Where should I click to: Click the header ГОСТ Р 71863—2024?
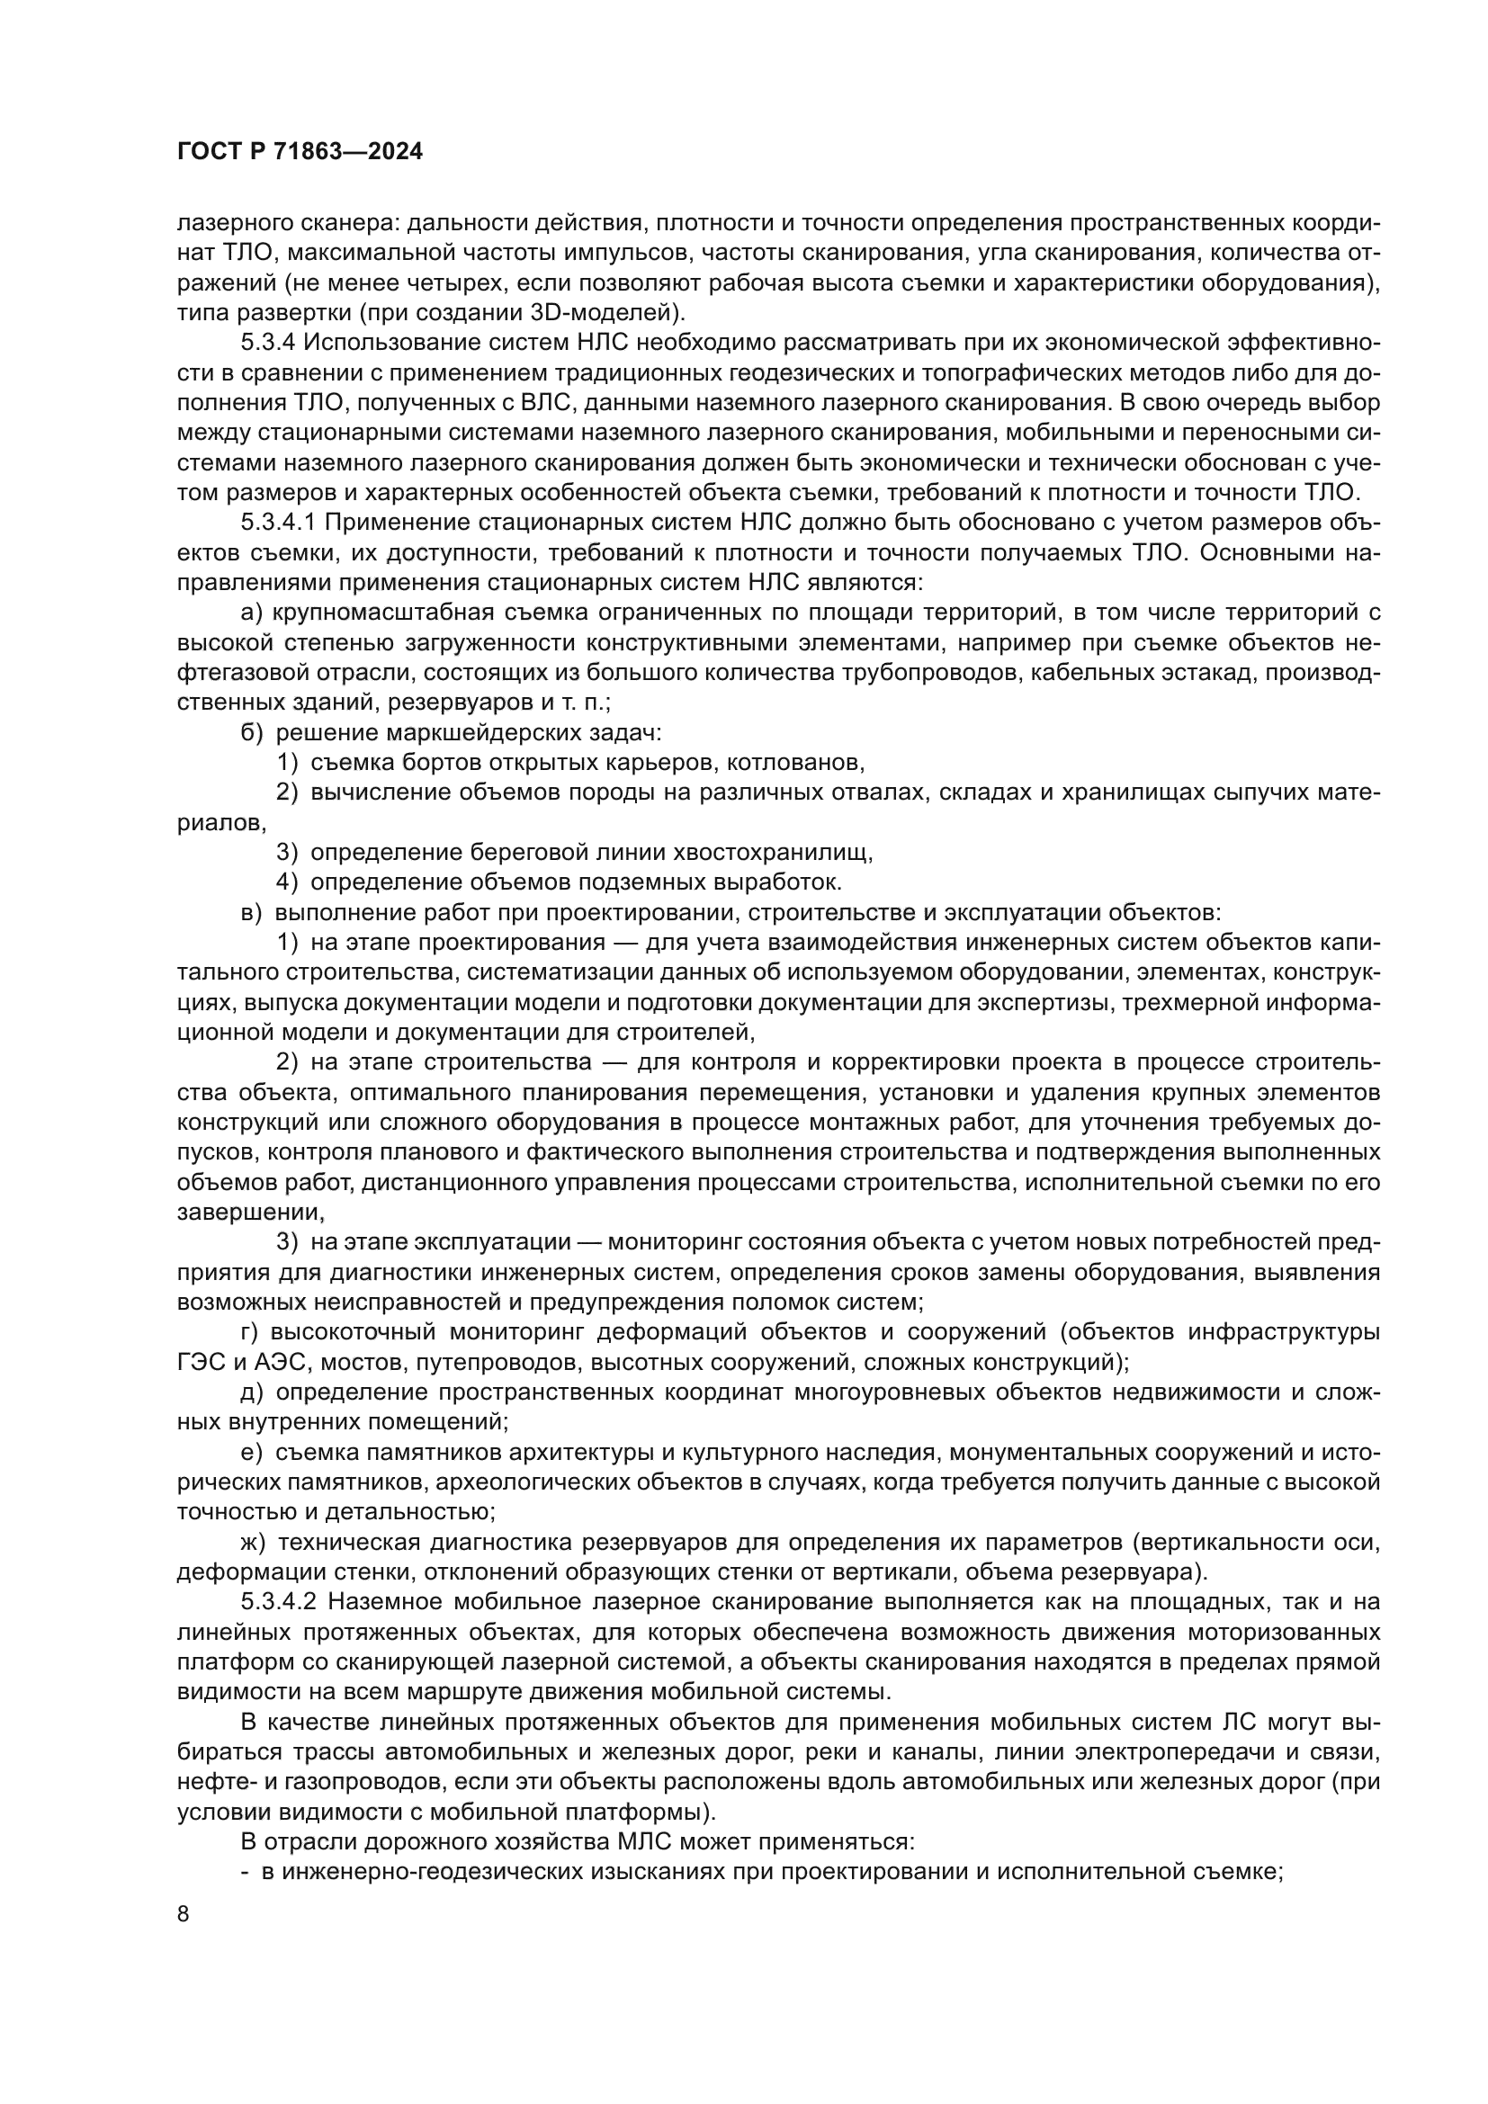click(300, 152)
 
